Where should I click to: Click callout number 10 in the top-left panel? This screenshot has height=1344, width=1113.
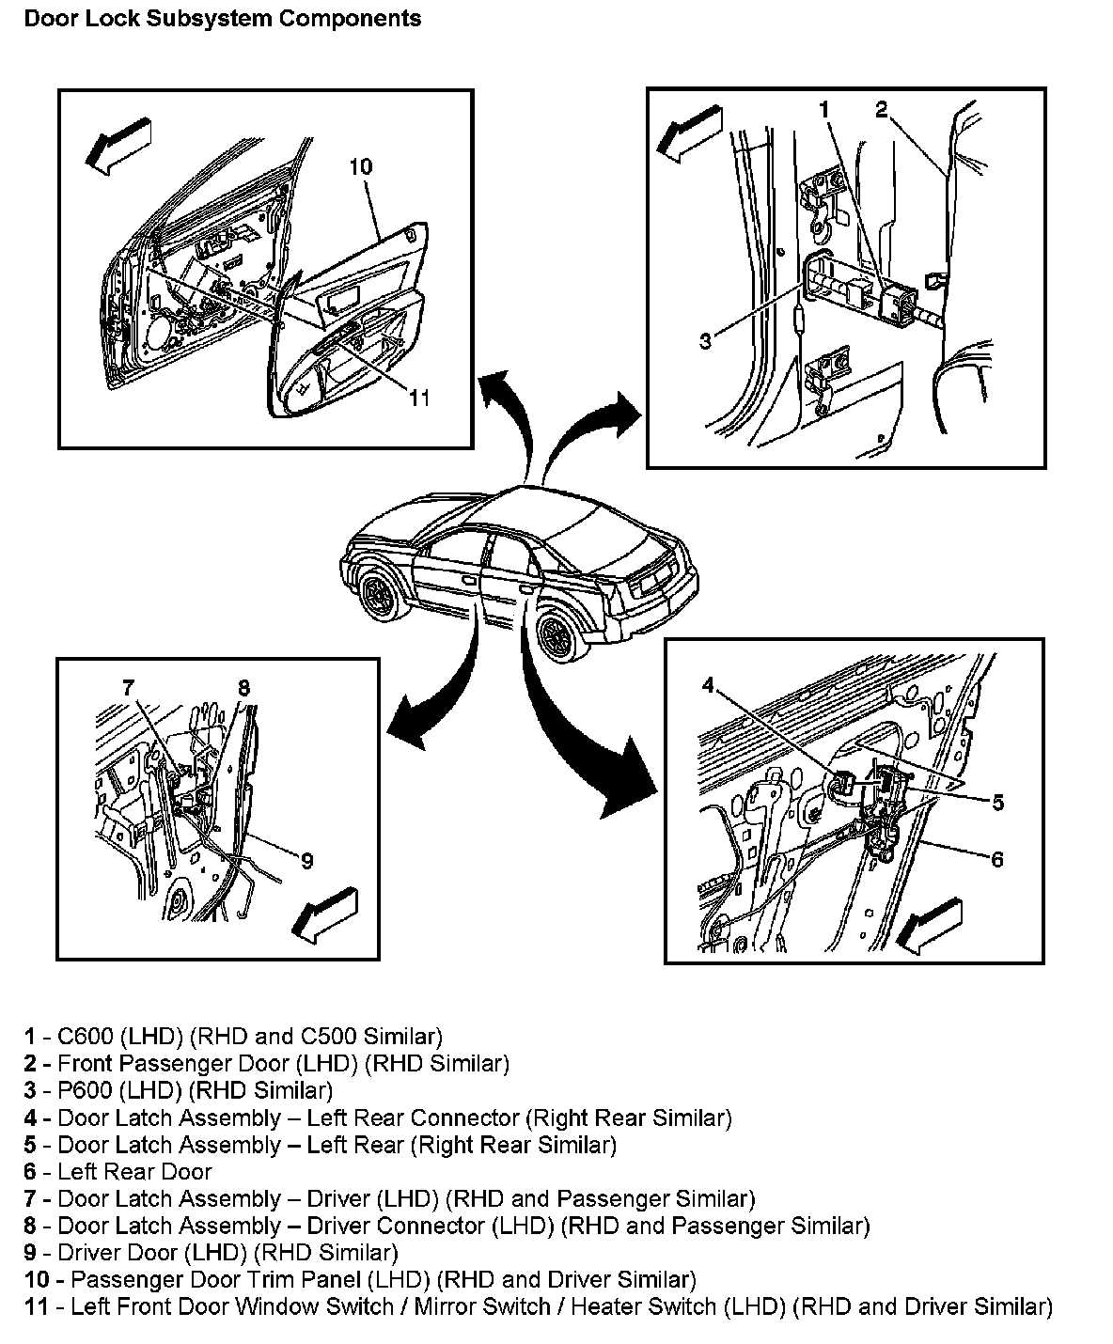click(360, 167)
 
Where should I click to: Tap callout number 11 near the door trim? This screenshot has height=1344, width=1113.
click(418, 398)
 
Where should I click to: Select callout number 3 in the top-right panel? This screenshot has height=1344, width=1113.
click(706, 341)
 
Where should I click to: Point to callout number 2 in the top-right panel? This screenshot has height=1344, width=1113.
click(881, 110)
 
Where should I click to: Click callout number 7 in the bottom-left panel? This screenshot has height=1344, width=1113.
click(129, 687)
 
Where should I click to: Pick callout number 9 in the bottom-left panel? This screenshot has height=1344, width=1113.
click(306, 860)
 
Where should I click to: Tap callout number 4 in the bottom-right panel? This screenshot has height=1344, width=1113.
click(708, 685)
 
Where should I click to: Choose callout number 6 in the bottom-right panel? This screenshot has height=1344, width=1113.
click(997, 859)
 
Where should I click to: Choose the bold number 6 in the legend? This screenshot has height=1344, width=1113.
click(30, 1172)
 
